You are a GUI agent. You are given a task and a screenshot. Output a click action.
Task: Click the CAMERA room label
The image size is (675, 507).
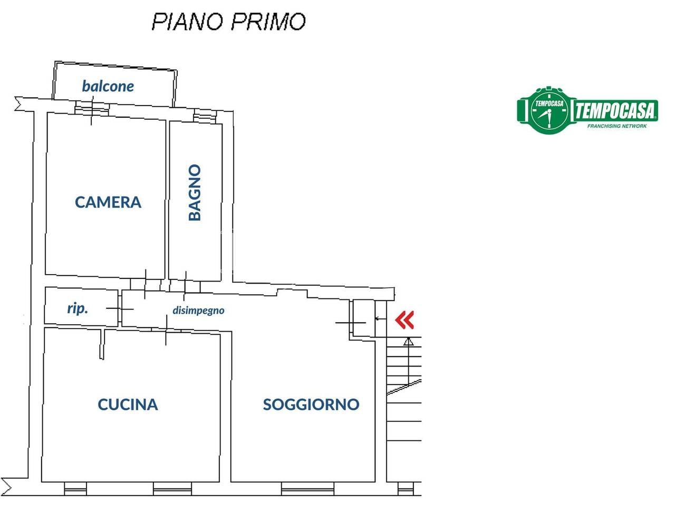(108, 202)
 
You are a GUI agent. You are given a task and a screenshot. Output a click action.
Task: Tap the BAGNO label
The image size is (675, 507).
(195, 192)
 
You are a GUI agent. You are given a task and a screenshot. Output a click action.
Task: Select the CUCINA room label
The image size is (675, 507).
(128, 405)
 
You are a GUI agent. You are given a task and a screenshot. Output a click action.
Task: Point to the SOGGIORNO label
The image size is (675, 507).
(311, 405)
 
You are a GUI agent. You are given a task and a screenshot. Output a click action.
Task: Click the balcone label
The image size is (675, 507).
(108, 86)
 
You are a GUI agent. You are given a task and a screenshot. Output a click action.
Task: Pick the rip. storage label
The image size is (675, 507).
(78, 308)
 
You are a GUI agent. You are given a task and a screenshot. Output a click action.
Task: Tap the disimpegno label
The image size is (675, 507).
(198, 311)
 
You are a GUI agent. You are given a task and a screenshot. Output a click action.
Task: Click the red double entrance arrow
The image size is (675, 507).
(404, 320)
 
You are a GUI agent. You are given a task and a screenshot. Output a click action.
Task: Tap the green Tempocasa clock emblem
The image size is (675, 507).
(549, 111)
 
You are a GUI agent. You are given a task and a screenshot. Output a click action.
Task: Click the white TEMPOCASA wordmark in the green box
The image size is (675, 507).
(615, 111)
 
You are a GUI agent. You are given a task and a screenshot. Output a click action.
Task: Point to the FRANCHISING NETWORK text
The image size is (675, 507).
(616, 126)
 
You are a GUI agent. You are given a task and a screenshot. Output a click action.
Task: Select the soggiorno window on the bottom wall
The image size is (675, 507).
(307, 488)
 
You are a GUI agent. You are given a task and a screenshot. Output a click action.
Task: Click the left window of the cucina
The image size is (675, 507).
(75, 489)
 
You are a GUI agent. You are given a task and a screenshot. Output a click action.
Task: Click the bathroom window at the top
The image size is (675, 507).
(202, 117)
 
